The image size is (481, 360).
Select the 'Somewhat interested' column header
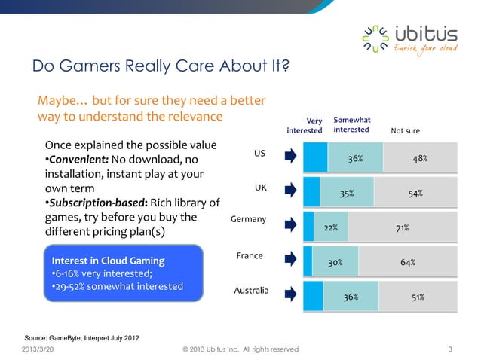(x=351, y=124)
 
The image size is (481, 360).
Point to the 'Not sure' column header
(x=405, y=130)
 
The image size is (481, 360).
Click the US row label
(x=259, y=154)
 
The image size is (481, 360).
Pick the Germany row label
(x=249, y=219)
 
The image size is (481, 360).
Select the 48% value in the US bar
(x=420, y=159)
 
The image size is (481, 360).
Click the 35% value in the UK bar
(x=347, y=194)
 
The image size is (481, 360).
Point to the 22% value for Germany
(x=330, y=227)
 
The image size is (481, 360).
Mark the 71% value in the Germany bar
(x=403, y=227)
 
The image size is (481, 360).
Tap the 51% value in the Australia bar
(x=417, y=297)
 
